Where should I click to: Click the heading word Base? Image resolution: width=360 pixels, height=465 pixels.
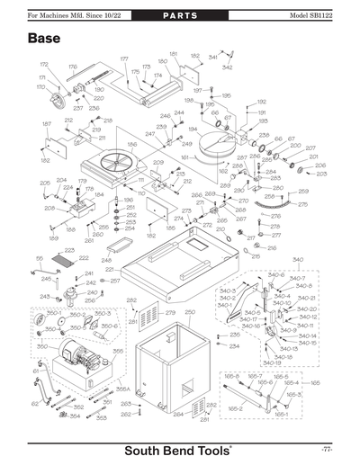(44, 39)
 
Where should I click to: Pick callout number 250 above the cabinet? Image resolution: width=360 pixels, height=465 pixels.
(189, 313)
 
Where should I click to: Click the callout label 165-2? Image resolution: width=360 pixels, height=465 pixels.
(236, 407)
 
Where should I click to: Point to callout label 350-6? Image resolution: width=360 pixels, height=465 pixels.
(109, 326)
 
